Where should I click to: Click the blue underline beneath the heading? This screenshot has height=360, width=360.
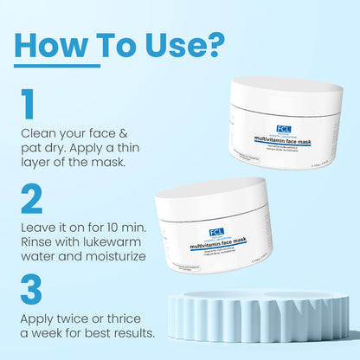tap(57, 66)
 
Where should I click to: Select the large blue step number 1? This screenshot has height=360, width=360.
tap(29, 104)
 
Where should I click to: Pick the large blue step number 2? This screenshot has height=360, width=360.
tap(31, 199)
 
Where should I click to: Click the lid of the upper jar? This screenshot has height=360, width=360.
tap(286, 91)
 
